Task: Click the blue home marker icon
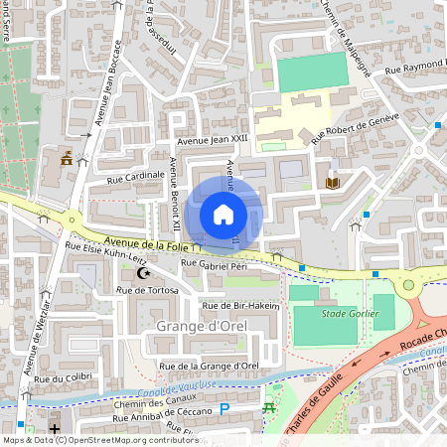(223, 215)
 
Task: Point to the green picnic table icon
(267, 407)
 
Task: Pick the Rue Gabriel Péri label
(213, 265)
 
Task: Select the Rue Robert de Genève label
(355, 128)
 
